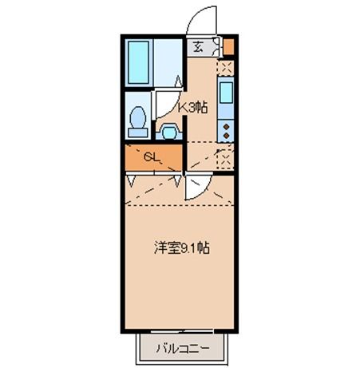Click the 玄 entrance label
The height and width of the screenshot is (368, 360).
pyautogui.click(x=197, y=46)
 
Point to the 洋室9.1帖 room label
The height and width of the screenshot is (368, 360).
pyautogui.click(x=181, y=248)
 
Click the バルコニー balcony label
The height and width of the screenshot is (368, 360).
pyautogui.click(x=182, y=348)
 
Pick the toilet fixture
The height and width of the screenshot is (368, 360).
pyautogui.click(x=136, y=120)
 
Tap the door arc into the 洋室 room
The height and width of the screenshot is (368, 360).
pyautogui.click(x=197, y=188)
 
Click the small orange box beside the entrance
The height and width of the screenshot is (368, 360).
pyautogui.click(x=228, y=46)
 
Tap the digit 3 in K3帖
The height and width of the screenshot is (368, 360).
pyautogui.click(x=192, y=106)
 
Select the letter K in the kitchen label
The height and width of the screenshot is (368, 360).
pyautogui.click(x=182, y=106)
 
